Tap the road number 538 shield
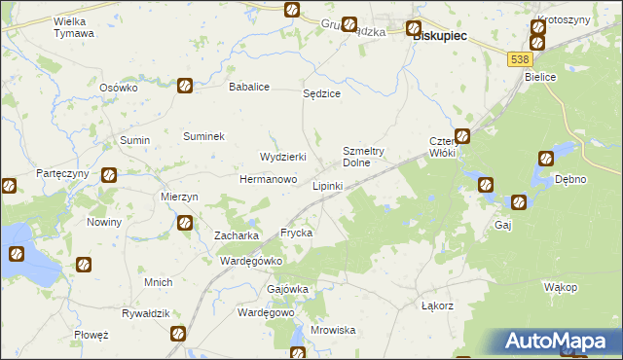pyautogui.click(x=519, y=60)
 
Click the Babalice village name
pyautogui.click(x=248, y=87)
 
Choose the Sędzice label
pyautogui.click(x=321, y=93)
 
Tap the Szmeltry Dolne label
pyautogui.click(x=365, y=157)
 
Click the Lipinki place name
pyautogui.click(x=326, y=185)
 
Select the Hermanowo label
pyautogui.click(x=269, y=180)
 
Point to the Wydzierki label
pyautogui.click(x=283, y=157)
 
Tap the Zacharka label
pyautogui.click(x=236, y=235)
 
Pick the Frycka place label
pyautogui.click(x=296, y=234)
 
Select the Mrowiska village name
pyautogui.click(x=333, y=330)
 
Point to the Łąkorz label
pyautogui.click(x=438, y=306)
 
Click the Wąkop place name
pyautogui.click(x=561, y=287)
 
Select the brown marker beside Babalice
pyautogui.click(x=184, y=86)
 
